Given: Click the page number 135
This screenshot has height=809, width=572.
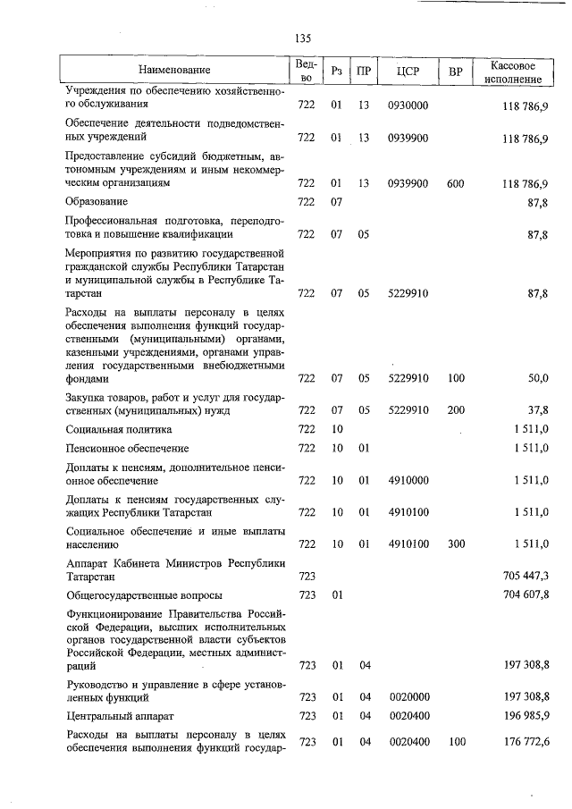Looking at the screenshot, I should (301, 38).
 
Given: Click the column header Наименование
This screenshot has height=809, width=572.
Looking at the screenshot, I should (175, 70).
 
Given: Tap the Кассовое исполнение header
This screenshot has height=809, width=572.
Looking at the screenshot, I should (513, 72).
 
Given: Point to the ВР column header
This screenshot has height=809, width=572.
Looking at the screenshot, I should (455, 71).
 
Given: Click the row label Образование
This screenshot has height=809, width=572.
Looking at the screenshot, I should (97, 202).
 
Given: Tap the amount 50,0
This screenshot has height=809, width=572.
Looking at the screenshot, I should (537, 379).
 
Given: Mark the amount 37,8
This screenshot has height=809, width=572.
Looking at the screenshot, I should (537, 410).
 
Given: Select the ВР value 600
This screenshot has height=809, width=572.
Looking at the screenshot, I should (455, 183).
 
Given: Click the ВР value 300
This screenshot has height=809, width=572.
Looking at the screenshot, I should (455, 544).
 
